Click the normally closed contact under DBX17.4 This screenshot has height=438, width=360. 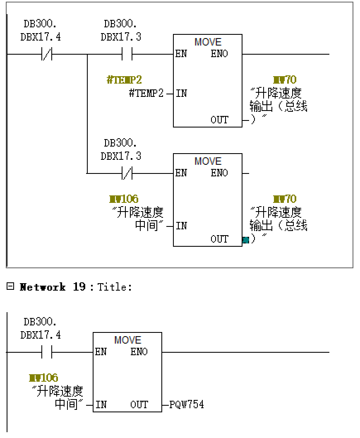pos(47,54)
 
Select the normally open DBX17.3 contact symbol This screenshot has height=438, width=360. pos(127,54)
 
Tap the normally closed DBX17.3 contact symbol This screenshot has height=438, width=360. pos(127,173)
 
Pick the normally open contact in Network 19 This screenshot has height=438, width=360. pos(47,352)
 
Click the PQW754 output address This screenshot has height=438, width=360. pos(187,404)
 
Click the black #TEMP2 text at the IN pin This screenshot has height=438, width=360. pos(146,94)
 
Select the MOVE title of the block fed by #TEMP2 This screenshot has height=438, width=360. pos(208,42)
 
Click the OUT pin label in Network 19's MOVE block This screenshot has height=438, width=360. pos(139,404)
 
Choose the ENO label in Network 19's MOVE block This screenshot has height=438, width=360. pos(139,352)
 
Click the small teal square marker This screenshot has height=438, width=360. pos(246,240)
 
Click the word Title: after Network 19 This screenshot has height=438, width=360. pos(115,287)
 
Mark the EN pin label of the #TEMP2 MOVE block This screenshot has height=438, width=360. pos(181,54)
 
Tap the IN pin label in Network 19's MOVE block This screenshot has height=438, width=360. pos(101,404)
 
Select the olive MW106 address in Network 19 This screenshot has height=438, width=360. pos(43,378)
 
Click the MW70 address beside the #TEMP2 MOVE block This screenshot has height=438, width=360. pos(285,80)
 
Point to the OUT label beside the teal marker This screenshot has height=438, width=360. pos(219,239)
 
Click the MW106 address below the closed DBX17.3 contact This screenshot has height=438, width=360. pos(124,199)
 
